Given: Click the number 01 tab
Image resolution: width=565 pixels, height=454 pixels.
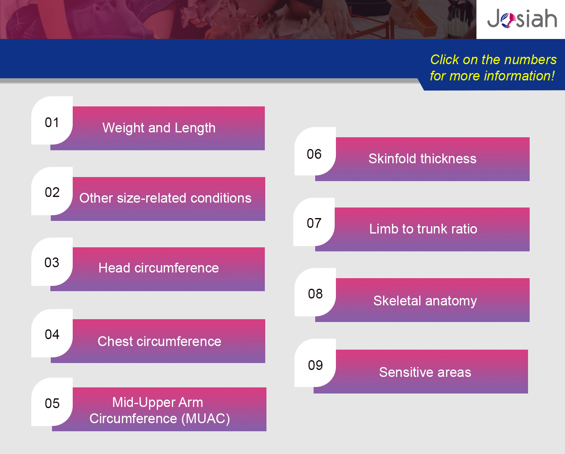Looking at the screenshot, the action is coord(52,120).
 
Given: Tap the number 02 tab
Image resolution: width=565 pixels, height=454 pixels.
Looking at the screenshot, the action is coord(52,191).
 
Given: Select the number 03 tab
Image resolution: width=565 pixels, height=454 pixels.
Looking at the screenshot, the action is coord(52,262).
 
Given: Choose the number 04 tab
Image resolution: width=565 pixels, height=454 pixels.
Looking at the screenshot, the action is coord(52,333).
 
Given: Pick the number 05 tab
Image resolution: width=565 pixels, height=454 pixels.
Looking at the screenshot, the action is coord(52,402).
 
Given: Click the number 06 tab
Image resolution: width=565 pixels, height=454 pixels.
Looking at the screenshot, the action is coord(315,151).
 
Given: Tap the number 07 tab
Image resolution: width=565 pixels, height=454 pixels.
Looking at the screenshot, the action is coord(314,222).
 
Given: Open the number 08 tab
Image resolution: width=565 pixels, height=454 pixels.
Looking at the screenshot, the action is coord(315,292).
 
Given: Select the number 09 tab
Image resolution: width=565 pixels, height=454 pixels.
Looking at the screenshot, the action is coord(315,363).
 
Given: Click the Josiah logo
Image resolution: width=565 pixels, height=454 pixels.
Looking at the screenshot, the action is coord(522,18).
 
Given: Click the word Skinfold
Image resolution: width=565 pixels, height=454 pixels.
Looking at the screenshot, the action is coord(392,159).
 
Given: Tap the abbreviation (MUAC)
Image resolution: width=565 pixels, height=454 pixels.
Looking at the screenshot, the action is coord(206,418).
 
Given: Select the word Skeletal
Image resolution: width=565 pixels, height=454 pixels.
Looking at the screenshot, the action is coord(397,301).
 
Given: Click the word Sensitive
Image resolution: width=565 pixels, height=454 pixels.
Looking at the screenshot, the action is coord(406,372).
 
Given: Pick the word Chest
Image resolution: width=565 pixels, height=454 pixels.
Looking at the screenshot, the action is coord(115,342).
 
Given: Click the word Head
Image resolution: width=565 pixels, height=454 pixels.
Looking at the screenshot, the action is coord(114,268).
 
